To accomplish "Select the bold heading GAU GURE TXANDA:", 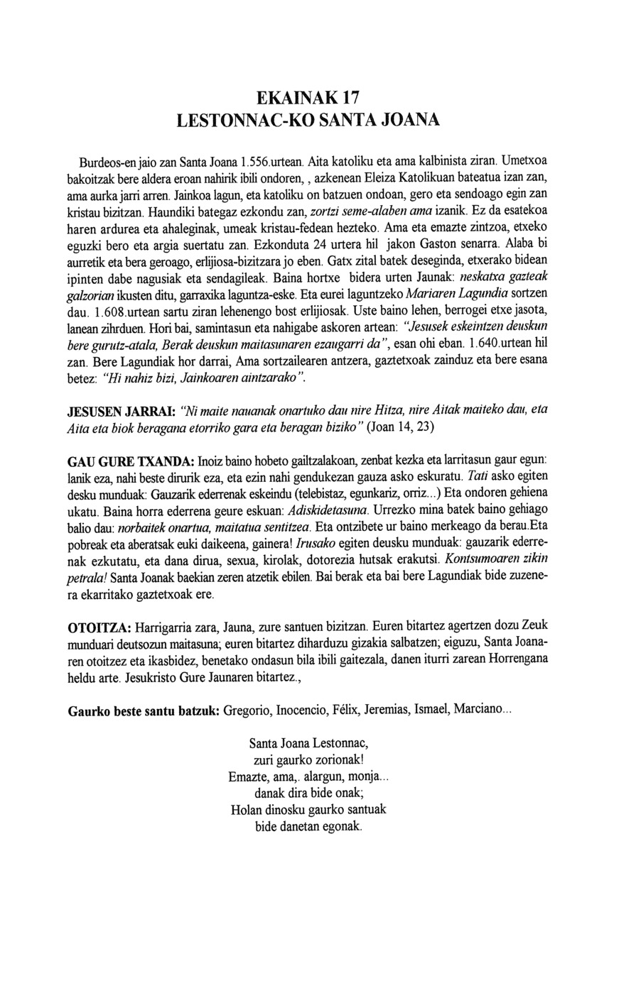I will click(131, 461).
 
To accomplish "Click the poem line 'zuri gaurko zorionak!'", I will click(308, 761).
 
